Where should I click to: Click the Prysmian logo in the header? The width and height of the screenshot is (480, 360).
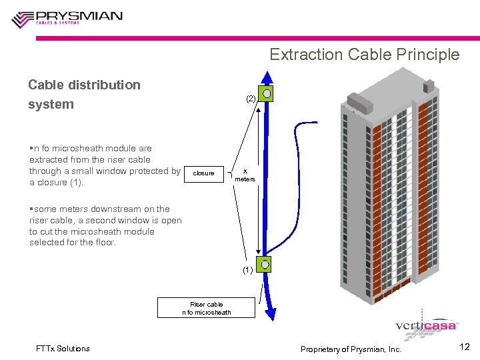(x=67, y=18)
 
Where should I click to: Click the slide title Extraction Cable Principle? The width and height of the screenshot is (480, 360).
(x=364, y=55)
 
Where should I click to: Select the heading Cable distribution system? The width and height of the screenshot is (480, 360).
(x=84, y=95)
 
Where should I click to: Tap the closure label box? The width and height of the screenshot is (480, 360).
(x=203, y=173)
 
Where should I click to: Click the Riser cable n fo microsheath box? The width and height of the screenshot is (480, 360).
(x=206, y=308)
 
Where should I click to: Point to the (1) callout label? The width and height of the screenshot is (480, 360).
(x=248, y=271)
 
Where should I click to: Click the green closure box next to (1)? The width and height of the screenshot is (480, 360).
(x=265, y=265)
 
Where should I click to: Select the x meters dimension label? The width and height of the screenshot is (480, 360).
(x=245, y=175)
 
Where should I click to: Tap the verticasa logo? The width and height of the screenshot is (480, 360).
(x=426, y=325)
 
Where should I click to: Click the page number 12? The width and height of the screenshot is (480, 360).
(x=465, y=347)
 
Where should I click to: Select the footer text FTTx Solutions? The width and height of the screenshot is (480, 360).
(x=63, y=349)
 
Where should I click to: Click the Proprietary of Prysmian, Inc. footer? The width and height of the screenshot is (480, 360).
(x=351, y=349)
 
